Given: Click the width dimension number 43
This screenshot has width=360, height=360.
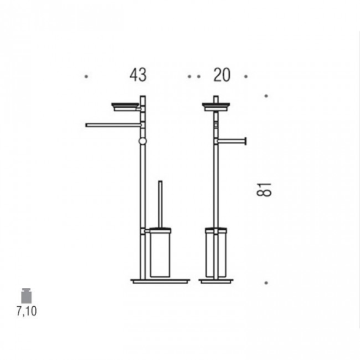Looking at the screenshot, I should (138, 75).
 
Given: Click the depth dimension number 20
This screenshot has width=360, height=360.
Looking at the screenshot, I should (221, 75).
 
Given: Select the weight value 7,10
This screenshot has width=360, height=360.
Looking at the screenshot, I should (26, 311).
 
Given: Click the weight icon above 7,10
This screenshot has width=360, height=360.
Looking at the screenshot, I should (26, 296).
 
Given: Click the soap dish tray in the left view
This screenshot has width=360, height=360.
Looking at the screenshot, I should (125, 106).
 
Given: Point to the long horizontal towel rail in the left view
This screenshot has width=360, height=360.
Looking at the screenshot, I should (113, 125).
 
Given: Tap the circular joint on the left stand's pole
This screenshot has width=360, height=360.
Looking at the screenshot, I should (142, 141).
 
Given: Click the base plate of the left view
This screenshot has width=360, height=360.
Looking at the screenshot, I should (160, 281).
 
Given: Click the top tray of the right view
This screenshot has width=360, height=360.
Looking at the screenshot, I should (215, 106).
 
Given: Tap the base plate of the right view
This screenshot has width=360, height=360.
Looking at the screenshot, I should (216, 281).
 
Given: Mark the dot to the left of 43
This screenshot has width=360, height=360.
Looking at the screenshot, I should (86, 76).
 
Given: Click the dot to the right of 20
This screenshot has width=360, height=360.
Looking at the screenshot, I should (246, 76).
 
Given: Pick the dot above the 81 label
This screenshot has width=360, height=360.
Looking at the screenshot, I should (266, 96).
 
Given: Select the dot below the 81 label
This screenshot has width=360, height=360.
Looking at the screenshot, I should (266, 283).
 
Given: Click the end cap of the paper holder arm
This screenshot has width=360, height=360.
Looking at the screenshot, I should (246, 141).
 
